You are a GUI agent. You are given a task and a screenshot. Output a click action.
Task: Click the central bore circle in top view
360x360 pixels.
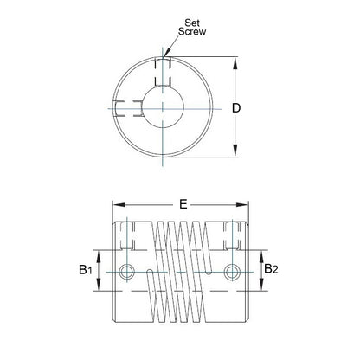click(x=162, y=108)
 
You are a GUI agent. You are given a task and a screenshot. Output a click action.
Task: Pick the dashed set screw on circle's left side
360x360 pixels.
click(x=124, y=108)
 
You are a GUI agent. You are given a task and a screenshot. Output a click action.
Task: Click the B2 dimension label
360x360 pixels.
click(x=271, y=270)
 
